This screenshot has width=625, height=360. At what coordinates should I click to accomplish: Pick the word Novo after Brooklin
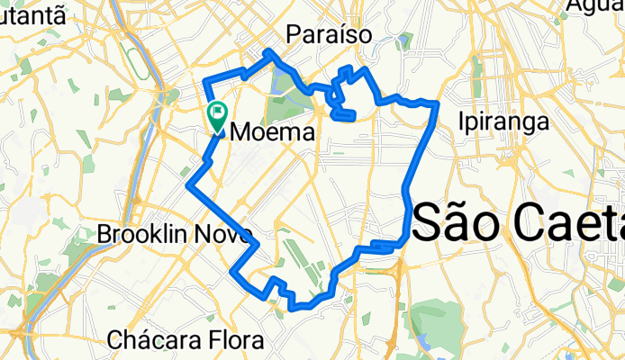coord(228,234)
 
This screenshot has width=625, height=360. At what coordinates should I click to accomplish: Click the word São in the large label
coord(455,220)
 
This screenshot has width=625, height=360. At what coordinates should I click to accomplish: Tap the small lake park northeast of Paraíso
coord(406,40)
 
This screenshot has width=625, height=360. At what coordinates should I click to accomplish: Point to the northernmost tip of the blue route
coord(269,51)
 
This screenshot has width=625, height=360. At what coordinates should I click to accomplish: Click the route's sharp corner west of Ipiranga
coord(437,105)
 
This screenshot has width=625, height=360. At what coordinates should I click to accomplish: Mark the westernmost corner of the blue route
coord(188,185)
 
